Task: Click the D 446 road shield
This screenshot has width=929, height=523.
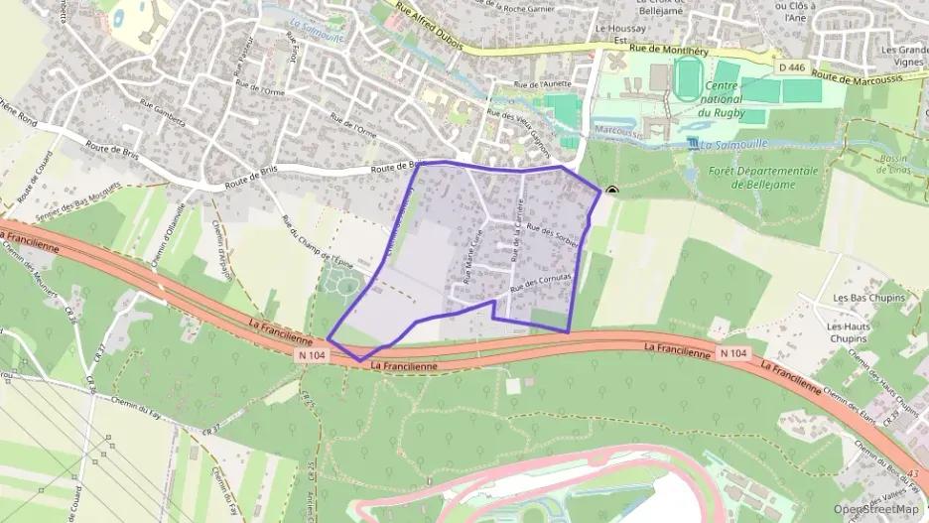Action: coord(790,66)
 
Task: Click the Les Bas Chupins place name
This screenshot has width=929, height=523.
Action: coord(869,298)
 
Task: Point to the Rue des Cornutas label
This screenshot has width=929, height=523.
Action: coord(541,281)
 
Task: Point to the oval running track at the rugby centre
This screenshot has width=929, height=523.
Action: coord(687,78)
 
